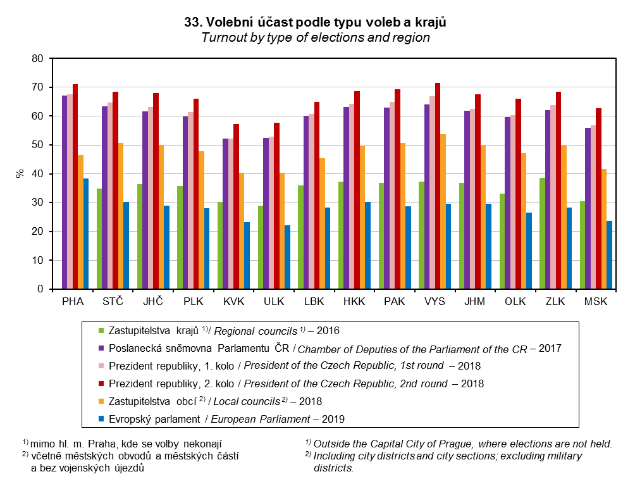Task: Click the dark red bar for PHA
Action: pos(75,187)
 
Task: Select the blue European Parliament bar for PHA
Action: pos(86,234)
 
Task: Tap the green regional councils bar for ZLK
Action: pos(543,234)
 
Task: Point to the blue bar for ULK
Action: pos(287,257)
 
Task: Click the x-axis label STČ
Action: pos(113,302)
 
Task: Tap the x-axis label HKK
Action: pos(354,302)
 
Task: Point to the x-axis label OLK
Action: pos(515,302)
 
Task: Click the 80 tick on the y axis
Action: pos(37,59)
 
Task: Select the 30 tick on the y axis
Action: pos(37,203)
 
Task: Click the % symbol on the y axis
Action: pos(20,173)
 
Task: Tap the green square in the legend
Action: pos(100,330)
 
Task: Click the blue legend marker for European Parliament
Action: pos(100,419)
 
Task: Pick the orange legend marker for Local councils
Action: pos(100,401)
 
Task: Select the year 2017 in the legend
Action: pos(549,348)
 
